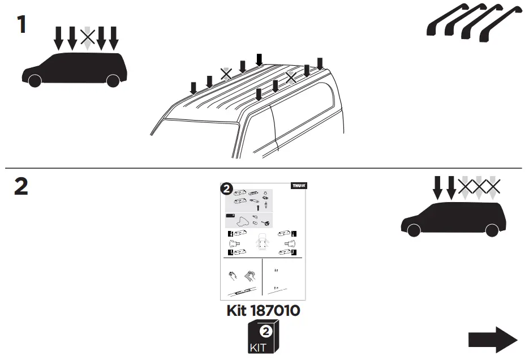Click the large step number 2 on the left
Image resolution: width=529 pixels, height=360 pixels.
pos(21,187)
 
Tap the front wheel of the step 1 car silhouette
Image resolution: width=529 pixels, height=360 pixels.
pos(35,80)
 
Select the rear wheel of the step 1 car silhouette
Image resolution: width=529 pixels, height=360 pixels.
pos(113,80)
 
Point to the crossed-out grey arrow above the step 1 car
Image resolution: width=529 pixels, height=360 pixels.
pos(87,38)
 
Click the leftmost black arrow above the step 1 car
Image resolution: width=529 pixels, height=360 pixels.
pos(59,37)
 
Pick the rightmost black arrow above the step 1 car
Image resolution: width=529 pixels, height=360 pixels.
pos(114,37)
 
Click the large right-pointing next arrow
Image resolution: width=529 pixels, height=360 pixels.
pos(492,340)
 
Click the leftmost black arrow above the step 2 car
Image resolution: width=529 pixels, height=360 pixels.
pos(437,187)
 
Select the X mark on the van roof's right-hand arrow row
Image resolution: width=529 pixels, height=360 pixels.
pos(291,78)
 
